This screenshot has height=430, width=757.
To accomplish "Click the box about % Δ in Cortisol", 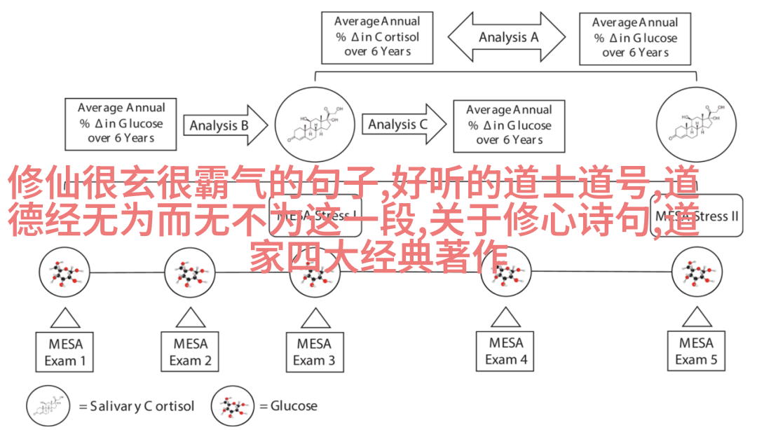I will coord(377,37).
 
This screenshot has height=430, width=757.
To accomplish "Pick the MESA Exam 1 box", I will coord(65,352).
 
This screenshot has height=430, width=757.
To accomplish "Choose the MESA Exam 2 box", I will coord(191,352).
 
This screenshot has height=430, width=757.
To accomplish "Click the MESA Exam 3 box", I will coord(314,352).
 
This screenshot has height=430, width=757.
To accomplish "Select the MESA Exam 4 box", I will coord(506,352).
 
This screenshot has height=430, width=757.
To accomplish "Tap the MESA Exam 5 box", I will coord(696,352).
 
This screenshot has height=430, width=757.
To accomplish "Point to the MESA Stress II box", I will coord(697,215).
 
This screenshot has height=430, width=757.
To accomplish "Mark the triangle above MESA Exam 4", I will coord(506,317).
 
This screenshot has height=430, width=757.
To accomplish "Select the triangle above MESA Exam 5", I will coord(696,317).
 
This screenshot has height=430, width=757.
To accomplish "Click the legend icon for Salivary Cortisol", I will coord(50,406).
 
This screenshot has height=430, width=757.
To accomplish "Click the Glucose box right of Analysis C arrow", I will coord(510,125).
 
